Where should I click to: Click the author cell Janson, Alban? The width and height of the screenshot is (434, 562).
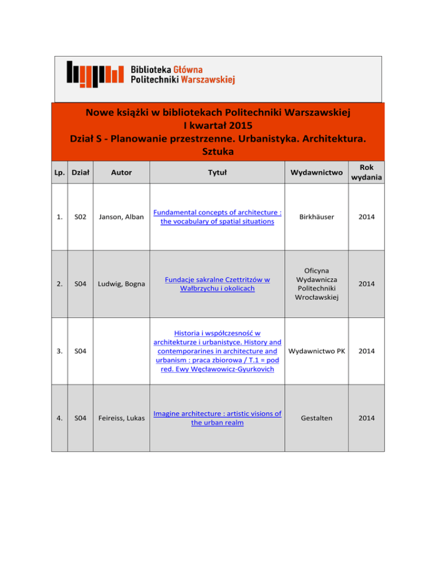pyautogui.click(x=120, y=217)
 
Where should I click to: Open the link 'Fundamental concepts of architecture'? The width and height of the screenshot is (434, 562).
pyautogui.click(x=218, y=217)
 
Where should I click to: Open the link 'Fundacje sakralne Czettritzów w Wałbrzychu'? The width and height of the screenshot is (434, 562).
pyautogui.click(x=218, y=284)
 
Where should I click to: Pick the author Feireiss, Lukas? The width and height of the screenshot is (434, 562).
pyautogui.click(x=121, y=418)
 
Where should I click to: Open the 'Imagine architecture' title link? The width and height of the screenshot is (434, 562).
pyautogui.click(x=218, y=418)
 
